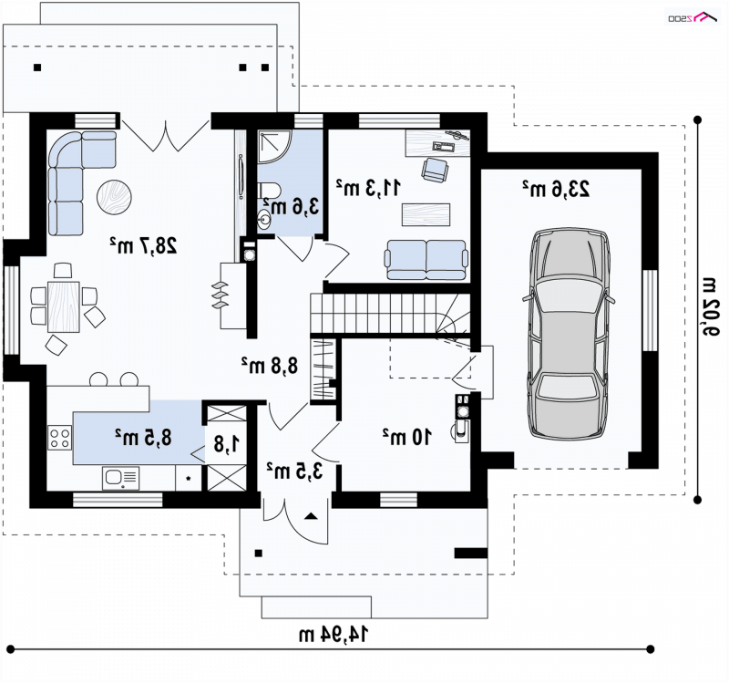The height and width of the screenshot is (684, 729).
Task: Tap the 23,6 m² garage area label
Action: (x=556, y=189)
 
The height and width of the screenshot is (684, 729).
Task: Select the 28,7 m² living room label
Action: (x=143, y=245)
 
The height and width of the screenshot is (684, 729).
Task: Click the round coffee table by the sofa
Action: (x=114, y=197)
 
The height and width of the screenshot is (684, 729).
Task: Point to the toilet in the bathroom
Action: (x=269, y=191)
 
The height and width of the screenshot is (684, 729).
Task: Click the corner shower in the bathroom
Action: (x=274, y=147)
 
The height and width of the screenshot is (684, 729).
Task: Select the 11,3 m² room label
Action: (x=368, y=187)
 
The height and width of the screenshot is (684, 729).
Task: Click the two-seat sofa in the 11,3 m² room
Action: (x=426, y=260)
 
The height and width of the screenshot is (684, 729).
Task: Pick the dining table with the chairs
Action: (x=64, y=306)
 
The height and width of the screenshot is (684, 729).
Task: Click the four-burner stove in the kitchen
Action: (x=59, y=438)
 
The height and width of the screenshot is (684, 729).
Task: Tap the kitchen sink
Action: (x=120, y=478)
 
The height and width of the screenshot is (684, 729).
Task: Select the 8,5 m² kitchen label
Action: (x=143, y=438)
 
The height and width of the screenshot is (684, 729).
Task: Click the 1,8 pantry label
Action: (x=227, y=444)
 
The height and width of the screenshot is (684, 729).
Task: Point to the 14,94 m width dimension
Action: (x=334, y=634)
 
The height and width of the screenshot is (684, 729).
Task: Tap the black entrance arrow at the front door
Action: (x=311, y=515)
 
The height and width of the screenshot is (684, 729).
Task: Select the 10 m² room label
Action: (x=406, y=437)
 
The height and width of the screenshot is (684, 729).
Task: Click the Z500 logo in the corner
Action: (x=693, y=16)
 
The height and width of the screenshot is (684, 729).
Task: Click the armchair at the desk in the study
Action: (x=436, y=169)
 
